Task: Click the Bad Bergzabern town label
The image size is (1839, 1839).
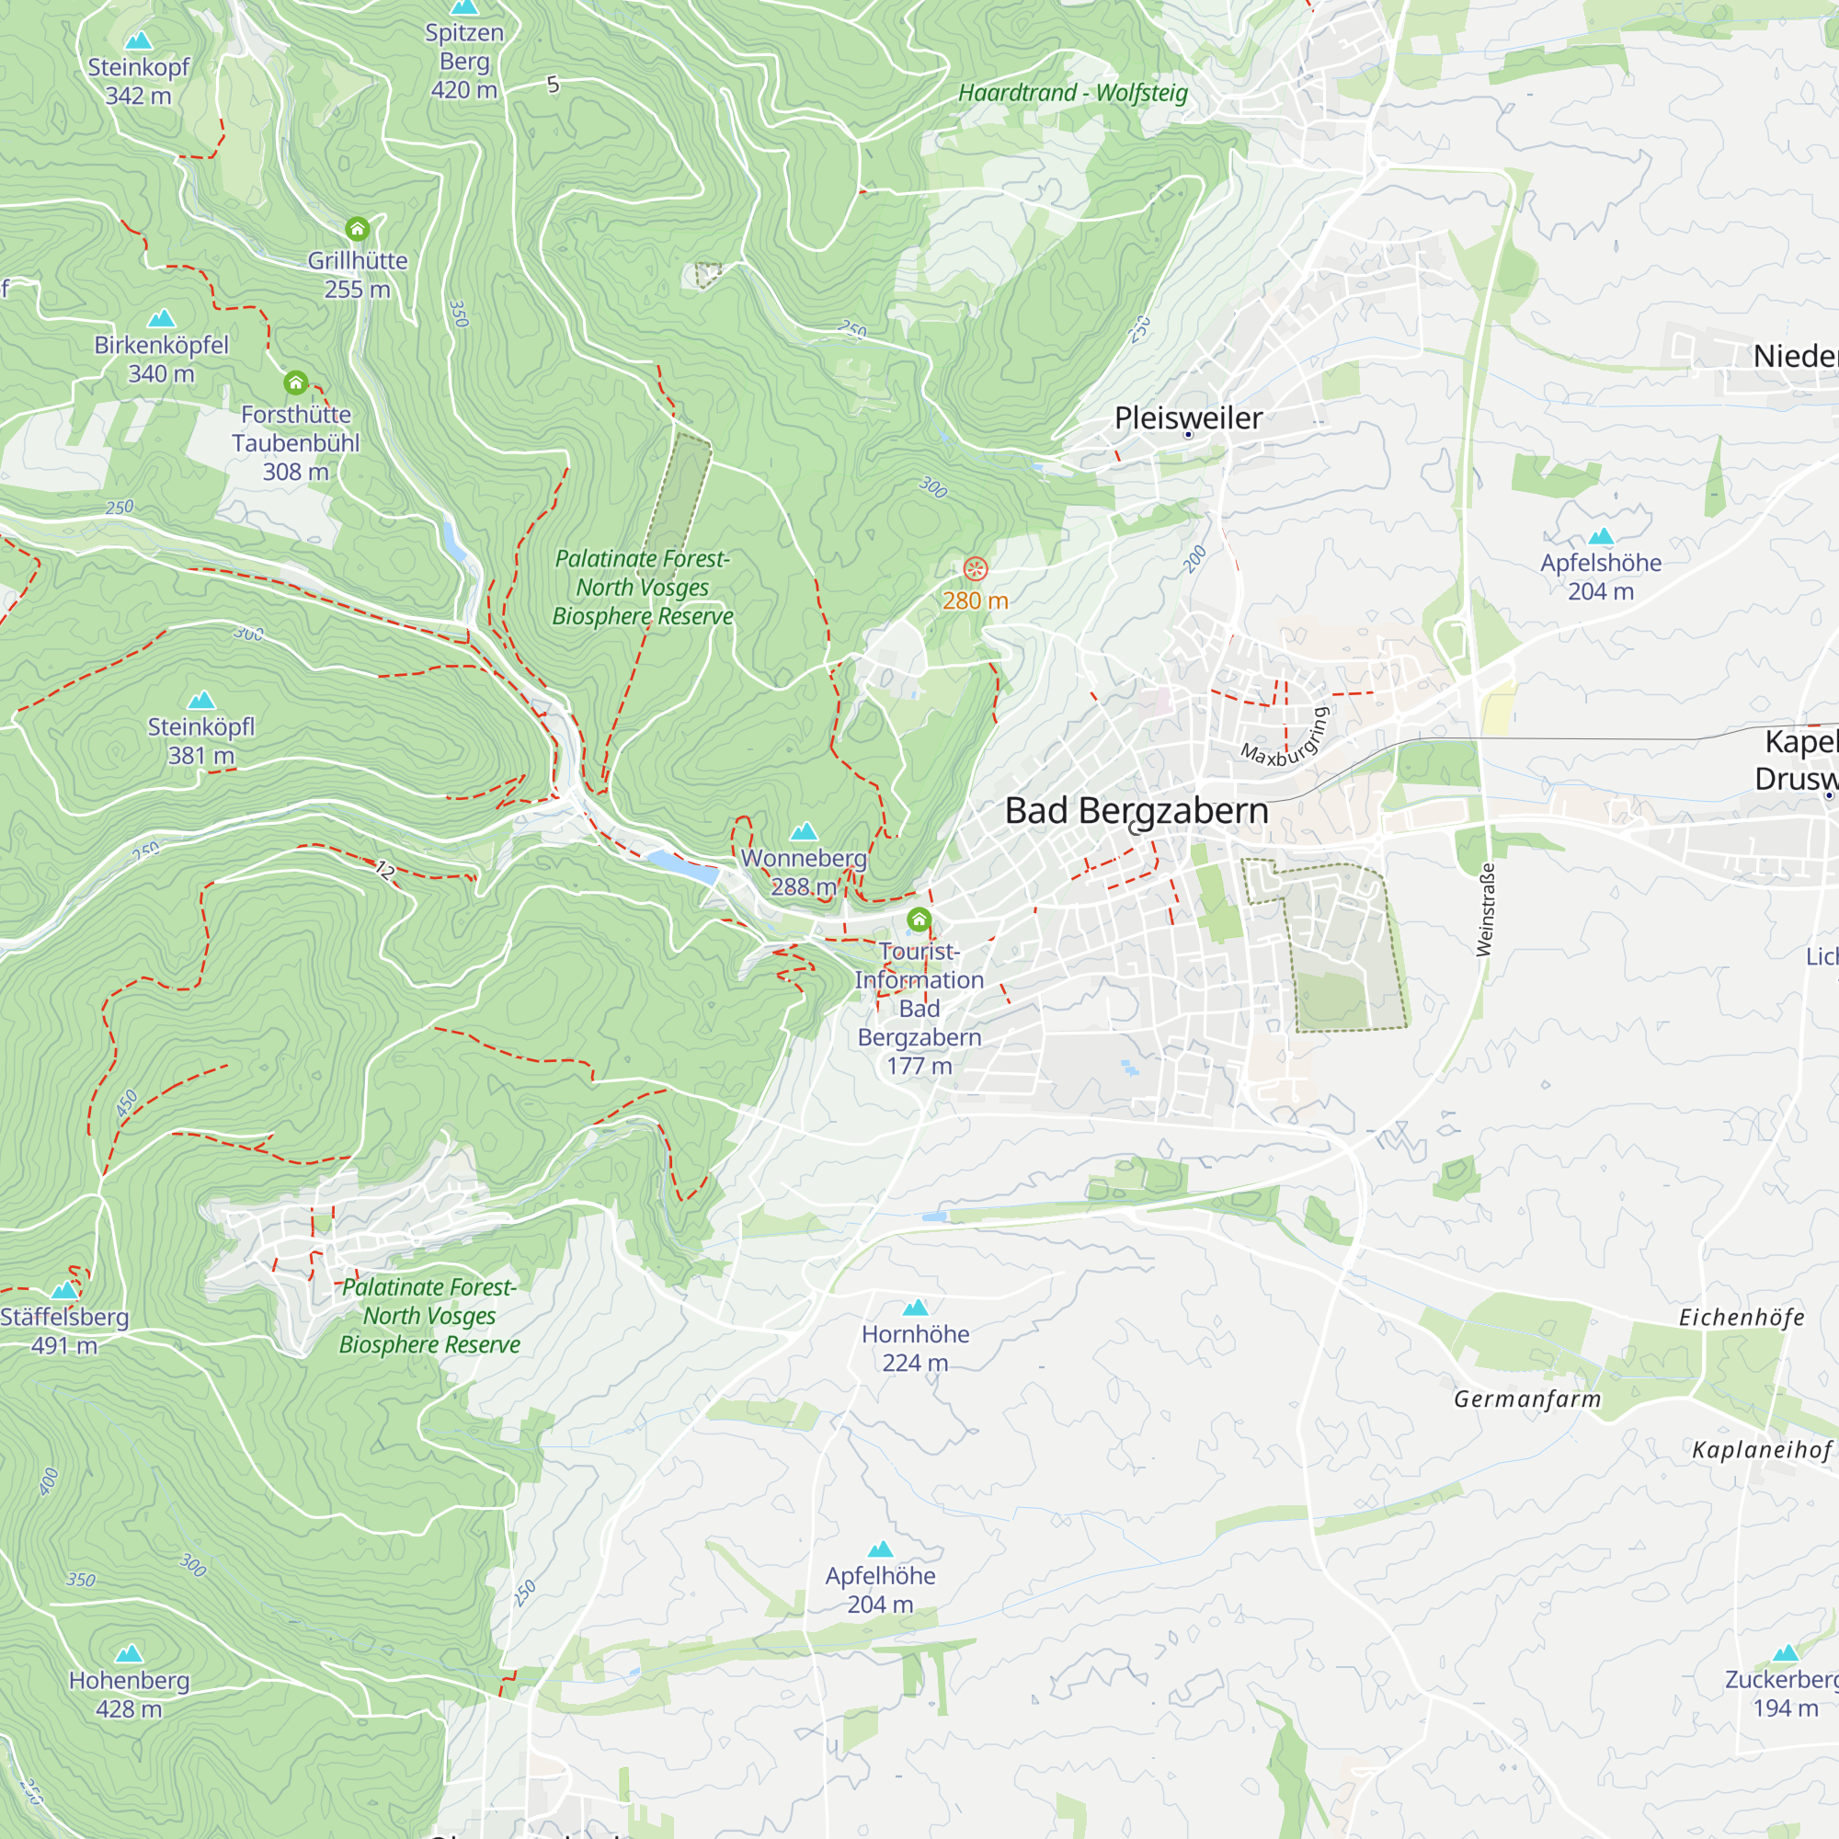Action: click(x=1137, y=811)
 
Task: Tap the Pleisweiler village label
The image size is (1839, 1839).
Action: click(x=1188, y=417)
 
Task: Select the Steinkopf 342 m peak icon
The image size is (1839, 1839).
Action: click(x=139, y=41)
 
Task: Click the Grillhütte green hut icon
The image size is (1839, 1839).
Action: click(x=357, y=228)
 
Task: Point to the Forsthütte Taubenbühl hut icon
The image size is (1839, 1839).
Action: click(x=296, y=383)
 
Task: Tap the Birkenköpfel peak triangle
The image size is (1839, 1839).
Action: click(x=162, y=318)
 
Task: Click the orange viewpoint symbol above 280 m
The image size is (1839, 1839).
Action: click(x=976, y=569)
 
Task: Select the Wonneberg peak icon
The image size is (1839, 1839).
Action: click(x=805, y=831)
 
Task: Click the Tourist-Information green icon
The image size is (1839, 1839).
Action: click(x=919, y=919)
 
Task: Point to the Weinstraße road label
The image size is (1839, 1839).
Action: click(x=1485, y=909)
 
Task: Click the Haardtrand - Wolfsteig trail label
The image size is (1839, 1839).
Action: click(x=1073, y=93)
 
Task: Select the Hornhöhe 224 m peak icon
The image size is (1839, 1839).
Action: click(x=915, y=1307)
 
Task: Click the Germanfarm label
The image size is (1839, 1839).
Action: click(x=1526, y=1399)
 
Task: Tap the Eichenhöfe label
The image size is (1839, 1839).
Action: click(x=1741, y=1318)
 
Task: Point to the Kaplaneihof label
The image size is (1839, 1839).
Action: click(x=1761, y=1450)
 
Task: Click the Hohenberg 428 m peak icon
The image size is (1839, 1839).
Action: click(x=129, y=1653)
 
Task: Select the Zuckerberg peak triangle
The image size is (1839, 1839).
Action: click(x=1786, y=1652)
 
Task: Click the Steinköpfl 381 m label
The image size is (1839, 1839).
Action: click(x=200, y=740)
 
